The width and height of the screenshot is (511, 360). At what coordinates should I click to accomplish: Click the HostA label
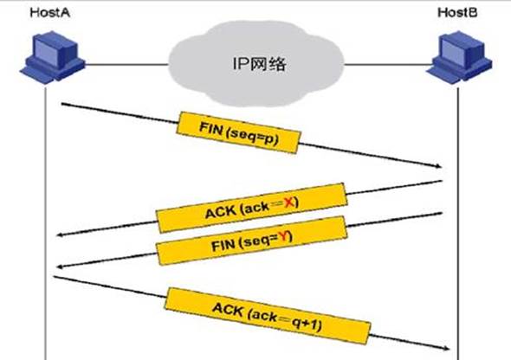[x=50, y=12]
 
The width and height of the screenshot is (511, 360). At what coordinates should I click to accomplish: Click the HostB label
[x=457, y=12]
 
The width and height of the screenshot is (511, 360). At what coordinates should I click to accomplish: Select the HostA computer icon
[x=52, y=57]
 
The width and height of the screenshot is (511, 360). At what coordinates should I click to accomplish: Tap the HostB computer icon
[x=459, y=57]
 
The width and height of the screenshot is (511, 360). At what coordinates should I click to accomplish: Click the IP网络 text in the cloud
[x=260, y=63]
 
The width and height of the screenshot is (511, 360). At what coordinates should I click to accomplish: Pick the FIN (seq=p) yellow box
[x=238, y=132]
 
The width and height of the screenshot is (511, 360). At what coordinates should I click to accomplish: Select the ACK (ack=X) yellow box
[x=251, y=208]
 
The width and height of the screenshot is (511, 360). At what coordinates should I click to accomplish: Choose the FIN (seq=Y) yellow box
[x=251, y=241]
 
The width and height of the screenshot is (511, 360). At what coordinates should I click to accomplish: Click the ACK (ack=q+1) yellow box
[x=268, y=316]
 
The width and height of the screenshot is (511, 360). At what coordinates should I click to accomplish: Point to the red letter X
[x=289, y=203]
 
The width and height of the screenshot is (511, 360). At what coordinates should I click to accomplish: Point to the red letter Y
[x=284, y=236]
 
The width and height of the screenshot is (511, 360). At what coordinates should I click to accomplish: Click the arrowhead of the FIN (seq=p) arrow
[x=439, y=166]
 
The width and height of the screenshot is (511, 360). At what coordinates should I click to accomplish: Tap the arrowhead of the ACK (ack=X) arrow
[x=59, y=235]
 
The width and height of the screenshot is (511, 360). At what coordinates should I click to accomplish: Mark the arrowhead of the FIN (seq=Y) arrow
[x=59, y=267]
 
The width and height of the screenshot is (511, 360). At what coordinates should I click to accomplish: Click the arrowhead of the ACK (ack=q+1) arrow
[x=446, y=349]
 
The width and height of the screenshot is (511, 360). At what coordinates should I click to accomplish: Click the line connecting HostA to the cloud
[x=127, y=64]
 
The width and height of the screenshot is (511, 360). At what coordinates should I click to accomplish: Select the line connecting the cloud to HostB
[x=388, y=64]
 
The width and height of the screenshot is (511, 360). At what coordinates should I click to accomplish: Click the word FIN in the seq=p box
[x=210, y=127]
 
